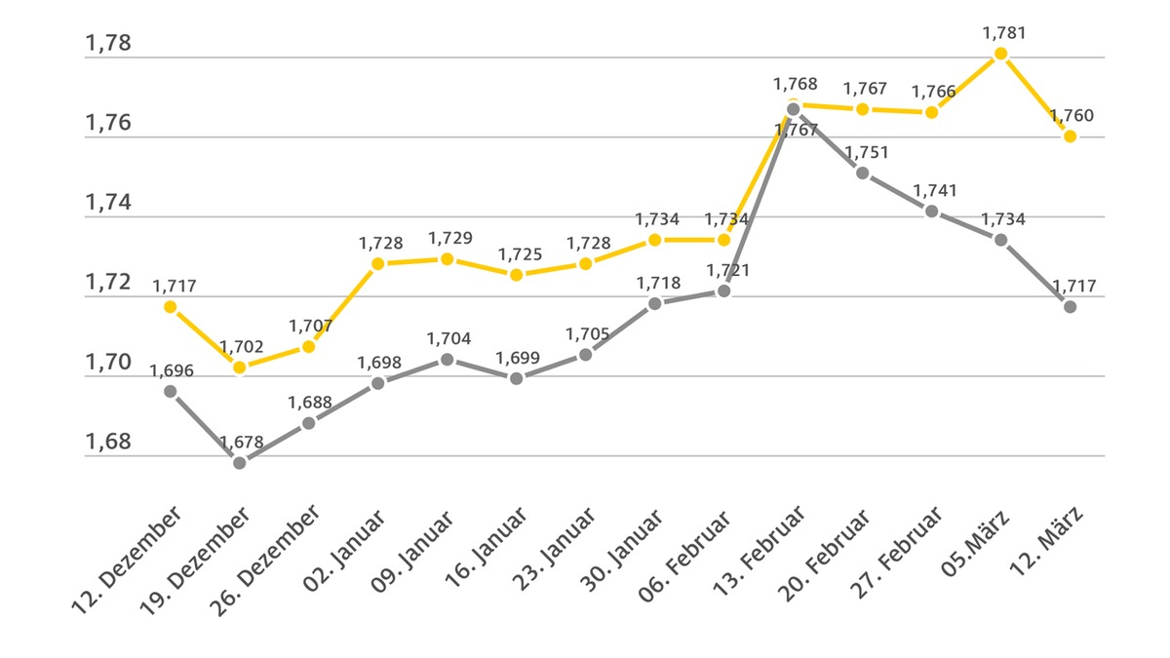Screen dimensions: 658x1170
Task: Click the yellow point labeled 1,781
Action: (x=1000, y=54)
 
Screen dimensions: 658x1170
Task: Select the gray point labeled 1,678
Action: (x=240, y=462)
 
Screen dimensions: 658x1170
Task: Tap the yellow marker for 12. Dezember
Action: (x=171, y=306)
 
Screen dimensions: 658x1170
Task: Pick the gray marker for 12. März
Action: (x=1070, y=306)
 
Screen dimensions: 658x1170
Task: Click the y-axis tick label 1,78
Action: (x=108, y=44)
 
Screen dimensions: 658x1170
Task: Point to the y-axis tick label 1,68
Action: (x=108, y=442)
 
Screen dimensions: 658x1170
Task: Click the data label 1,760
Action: (x=1072, y=116)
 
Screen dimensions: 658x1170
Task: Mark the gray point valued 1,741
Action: (x=931, y=211)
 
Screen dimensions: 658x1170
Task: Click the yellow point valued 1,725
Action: (x=517, y=275)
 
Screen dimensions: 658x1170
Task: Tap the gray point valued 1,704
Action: (x=448, y=359)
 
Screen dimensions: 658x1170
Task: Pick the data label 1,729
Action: (x=448, y=238)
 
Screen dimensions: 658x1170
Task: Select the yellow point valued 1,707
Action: (x=309, y=346)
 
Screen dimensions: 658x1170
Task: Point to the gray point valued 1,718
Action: (x=655, y=303)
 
